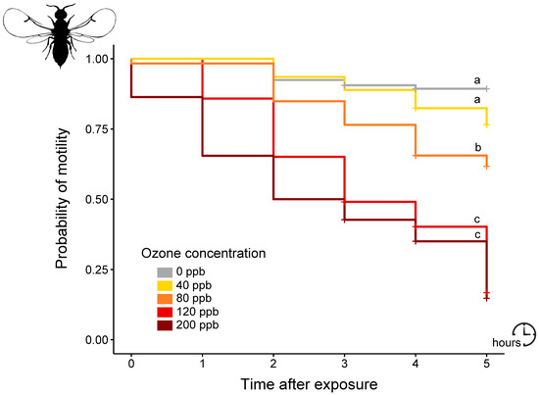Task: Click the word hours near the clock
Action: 507,343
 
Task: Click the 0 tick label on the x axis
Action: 131,361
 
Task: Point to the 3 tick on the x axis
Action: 345,361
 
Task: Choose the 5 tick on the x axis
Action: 487,361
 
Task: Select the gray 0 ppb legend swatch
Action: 166,272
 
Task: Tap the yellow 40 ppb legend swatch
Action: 166,284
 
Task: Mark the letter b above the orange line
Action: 477,146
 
